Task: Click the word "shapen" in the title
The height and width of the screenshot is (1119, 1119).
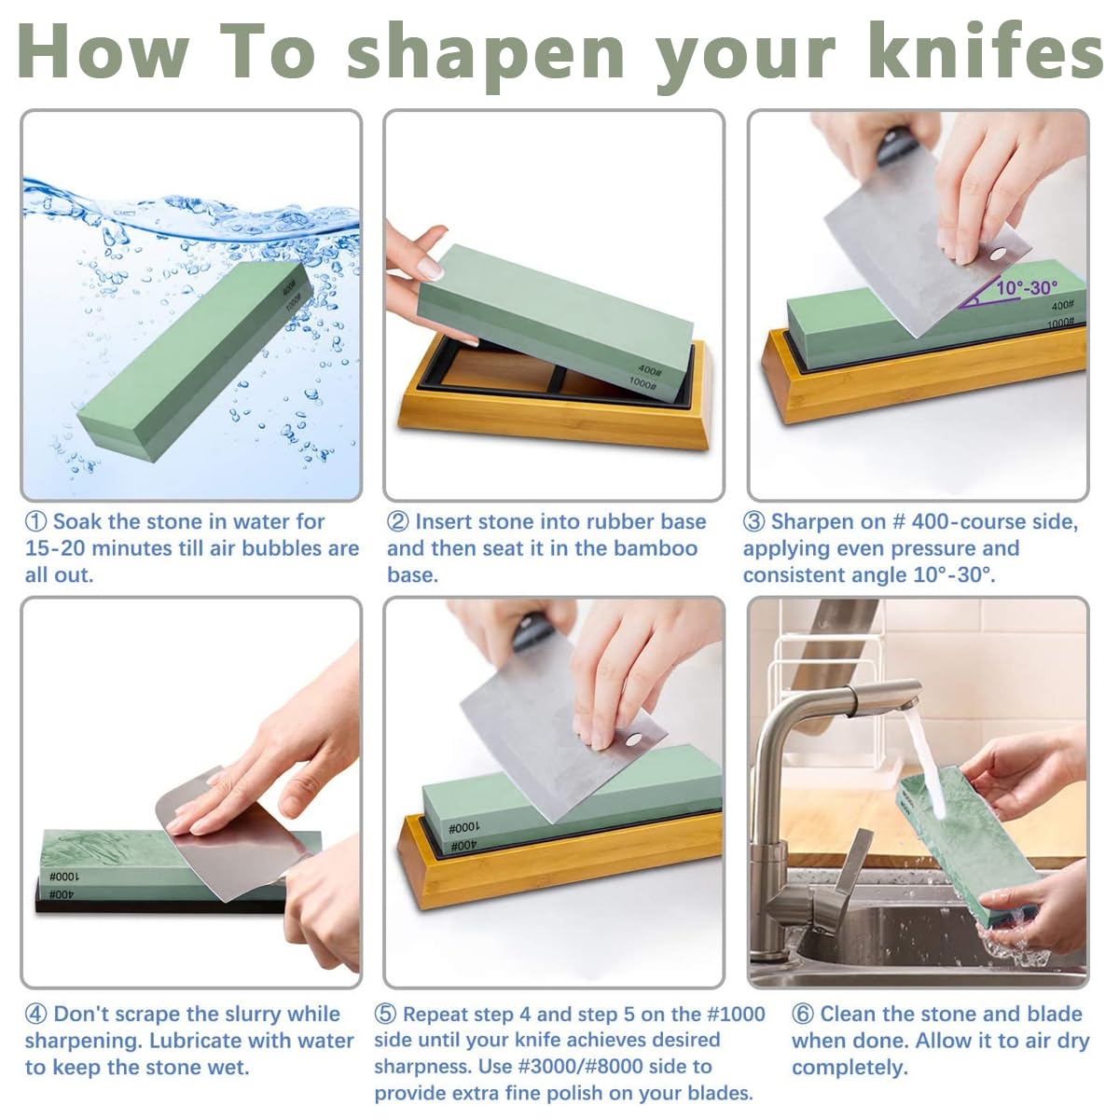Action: coord(486,52)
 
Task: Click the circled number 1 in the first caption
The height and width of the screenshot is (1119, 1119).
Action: coord(35,522)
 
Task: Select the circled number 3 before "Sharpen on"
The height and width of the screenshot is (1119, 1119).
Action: coord(753,522)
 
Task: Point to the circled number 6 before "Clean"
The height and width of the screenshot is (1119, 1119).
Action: coord(802,1015)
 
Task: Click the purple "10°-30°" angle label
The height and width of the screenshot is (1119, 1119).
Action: coord(1026,287)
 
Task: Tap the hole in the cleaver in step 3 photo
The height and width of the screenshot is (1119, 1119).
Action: coord(996,254)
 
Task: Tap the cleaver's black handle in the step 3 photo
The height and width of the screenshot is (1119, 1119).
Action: coord(897,147)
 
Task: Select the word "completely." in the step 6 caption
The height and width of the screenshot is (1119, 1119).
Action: coord(849,1067)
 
